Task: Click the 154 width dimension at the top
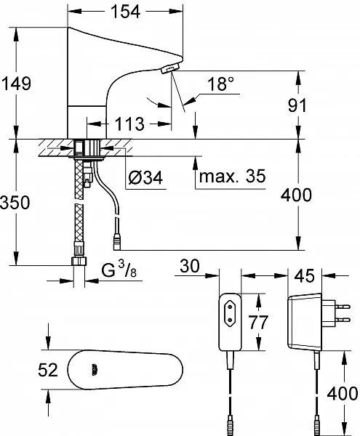(x=125, y=12)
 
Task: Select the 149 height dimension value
(x=17, y=83)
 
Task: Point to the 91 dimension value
(x=297, y=105)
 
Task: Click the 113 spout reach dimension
(x=129, y=124)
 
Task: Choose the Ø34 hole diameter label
(x=145, y=177)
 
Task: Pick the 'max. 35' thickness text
(x=232, y=176)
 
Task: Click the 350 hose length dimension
(x=15, y=202)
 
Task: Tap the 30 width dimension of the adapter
(x=190, y=265)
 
